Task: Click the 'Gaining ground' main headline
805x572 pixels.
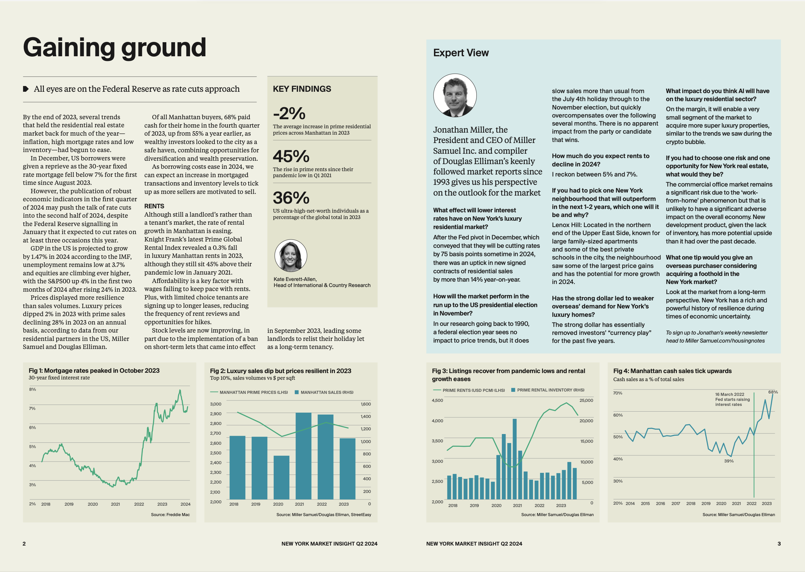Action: (114, 48)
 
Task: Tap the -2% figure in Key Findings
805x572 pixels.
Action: (289, 114)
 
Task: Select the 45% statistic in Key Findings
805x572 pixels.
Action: (291, 156)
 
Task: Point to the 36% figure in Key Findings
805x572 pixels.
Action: (291, 198)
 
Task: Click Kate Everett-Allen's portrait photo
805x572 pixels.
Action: (291, 256)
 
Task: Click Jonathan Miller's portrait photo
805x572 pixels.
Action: (455, 95)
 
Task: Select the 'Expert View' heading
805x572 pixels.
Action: (461, 53)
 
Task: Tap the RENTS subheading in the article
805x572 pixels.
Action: (154, 206)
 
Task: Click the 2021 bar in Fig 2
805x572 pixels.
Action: (303, 456)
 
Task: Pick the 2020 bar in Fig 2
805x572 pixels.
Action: (281, 477)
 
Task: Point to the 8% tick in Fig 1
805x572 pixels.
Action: (32, 389)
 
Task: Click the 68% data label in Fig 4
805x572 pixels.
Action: (773, 392)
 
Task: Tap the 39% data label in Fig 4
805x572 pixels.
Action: (729, 461)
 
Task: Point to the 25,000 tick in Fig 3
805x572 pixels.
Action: (586, 401)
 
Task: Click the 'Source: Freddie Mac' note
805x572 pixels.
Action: (170, 515)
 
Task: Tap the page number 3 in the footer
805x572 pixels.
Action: (779, 544)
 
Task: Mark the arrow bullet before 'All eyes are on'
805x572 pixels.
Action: (26, 89)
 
